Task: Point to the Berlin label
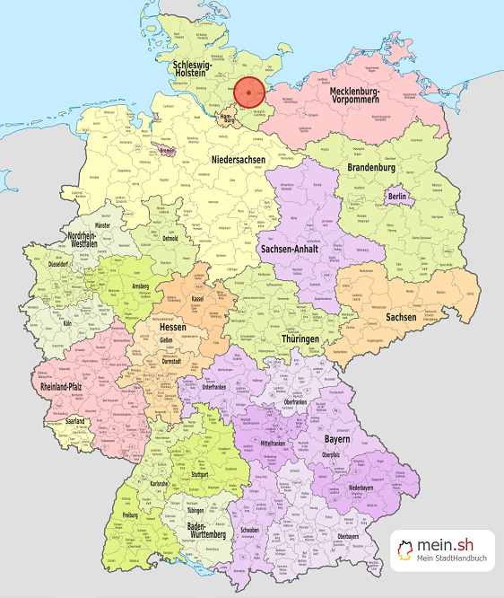tap(398, 196)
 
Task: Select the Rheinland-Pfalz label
tap(65, 387)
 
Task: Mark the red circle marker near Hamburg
tap(248, 92)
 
